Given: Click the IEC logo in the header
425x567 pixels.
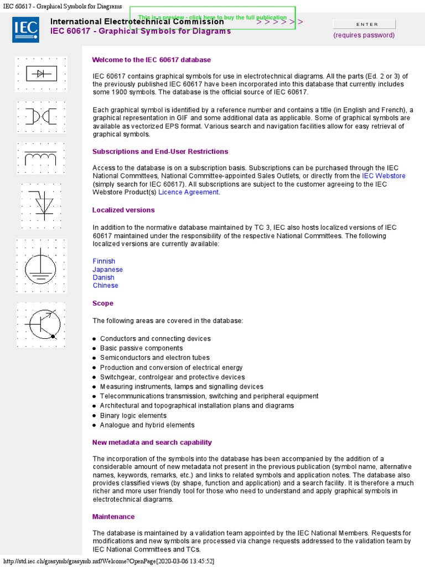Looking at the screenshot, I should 25,29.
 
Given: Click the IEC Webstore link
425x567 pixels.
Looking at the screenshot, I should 383,176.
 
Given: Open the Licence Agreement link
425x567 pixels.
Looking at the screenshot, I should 188,192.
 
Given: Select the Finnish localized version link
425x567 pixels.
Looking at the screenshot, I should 104,261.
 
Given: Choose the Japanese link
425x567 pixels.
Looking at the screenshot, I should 107,270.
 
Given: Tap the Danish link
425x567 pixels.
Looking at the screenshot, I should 103,277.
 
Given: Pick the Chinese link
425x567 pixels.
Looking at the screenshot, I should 105,286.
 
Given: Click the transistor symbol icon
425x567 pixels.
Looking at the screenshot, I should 42,324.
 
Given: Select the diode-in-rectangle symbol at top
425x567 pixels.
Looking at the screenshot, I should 41,74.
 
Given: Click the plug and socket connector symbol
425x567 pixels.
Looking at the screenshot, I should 41,117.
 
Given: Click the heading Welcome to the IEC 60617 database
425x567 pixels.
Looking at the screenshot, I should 151,60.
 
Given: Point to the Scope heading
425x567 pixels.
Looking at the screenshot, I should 103,303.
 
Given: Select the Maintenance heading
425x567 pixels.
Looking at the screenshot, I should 113,517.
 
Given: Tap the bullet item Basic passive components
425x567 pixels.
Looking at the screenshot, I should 141,348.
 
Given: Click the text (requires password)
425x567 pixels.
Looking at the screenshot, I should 364,35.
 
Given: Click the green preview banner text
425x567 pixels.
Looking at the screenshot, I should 212,18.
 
